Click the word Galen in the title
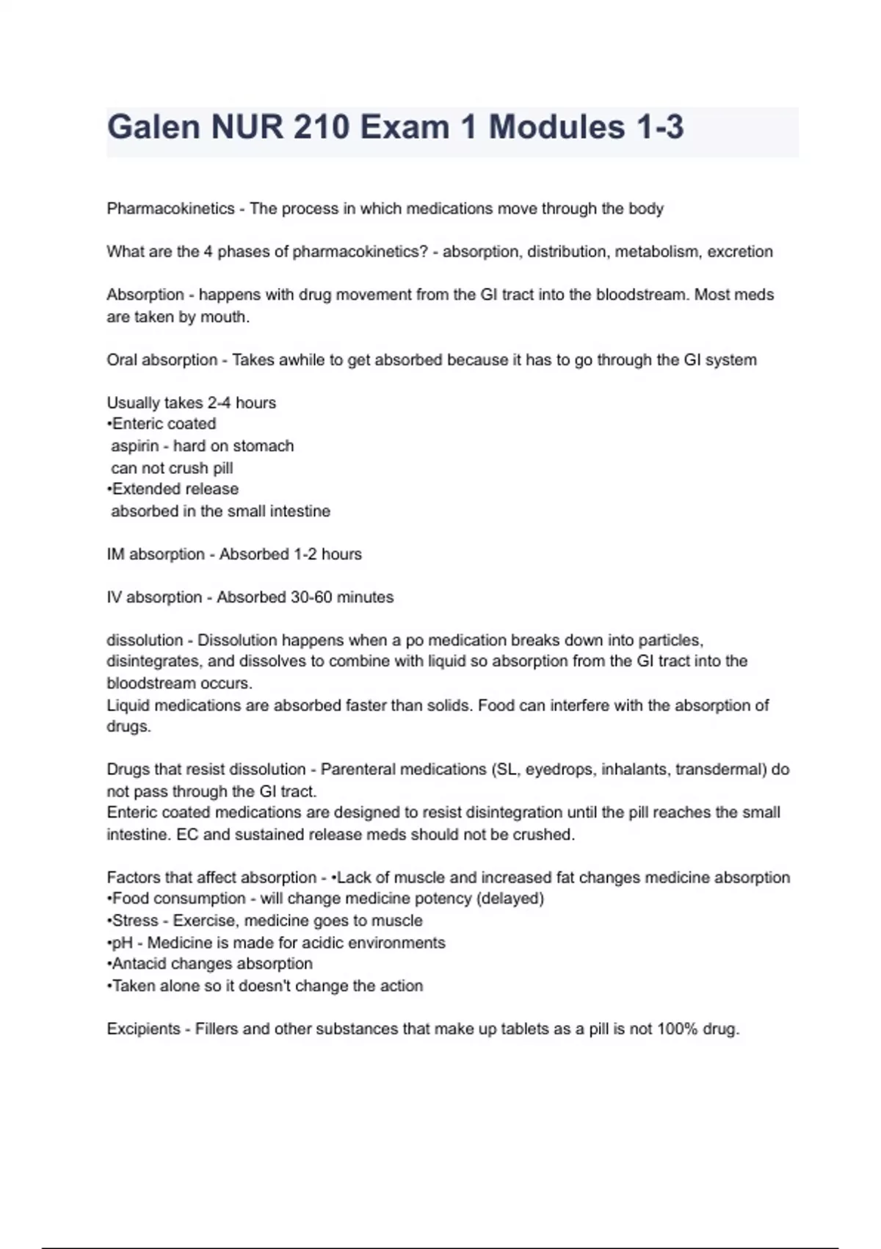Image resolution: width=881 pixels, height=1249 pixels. (153, 127)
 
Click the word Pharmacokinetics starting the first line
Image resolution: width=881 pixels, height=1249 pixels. (170, 209)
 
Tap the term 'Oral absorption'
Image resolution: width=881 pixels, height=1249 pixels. (162, 360)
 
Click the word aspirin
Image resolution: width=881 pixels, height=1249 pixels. (134, 446)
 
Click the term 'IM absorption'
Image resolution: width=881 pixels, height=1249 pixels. (155, 554)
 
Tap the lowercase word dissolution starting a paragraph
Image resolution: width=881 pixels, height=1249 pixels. (144, 640)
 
